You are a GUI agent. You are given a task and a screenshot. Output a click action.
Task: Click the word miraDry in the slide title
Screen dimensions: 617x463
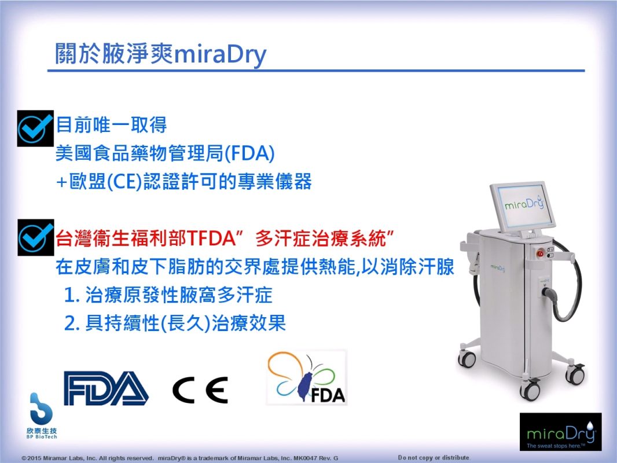point(219,54)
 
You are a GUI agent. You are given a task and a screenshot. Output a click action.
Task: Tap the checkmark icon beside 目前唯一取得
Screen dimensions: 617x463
point(35,128)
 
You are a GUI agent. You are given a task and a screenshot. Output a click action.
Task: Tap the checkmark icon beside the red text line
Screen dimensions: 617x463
point(36,238)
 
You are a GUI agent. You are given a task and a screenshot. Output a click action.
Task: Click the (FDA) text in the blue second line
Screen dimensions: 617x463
point(249,153)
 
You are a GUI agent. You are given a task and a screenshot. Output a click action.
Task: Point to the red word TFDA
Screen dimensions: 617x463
point(211,238)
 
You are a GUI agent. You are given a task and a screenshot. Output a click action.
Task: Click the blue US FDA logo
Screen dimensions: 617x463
point(106,388)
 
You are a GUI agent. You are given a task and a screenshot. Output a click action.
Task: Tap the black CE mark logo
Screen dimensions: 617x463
point(200,390)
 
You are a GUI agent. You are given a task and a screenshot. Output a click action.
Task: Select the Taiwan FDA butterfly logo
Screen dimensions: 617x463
point(307,378)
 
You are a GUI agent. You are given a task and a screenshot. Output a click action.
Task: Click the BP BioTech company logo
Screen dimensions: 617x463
point(41,416)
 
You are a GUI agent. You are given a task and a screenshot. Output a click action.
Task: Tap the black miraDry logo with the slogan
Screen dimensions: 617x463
point(560,432)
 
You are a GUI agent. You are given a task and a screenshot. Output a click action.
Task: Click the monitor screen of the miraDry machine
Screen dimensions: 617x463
point(524,205)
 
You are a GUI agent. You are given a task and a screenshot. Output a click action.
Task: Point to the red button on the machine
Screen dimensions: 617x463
point(541,253)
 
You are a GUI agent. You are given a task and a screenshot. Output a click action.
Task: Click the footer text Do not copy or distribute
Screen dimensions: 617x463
point(434,457)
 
